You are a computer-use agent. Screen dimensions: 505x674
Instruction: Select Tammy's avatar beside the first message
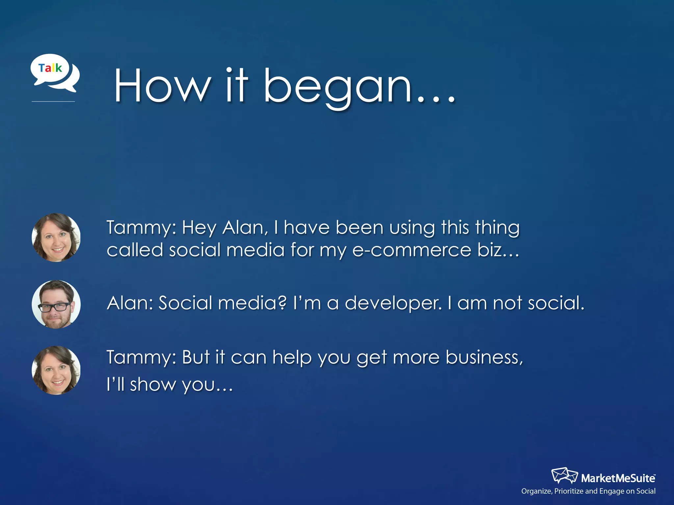(56, 237)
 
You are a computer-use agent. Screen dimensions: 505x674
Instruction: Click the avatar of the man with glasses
(56, 304)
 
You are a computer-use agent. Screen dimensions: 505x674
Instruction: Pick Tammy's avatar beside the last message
(56, 370)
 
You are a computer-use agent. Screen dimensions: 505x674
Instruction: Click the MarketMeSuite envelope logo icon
(564, 475)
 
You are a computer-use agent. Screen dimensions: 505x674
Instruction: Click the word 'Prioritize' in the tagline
(569, 491)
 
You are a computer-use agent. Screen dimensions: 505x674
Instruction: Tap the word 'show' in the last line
(153, 384)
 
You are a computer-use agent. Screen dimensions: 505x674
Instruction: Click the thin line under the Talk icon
(53, 102)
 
